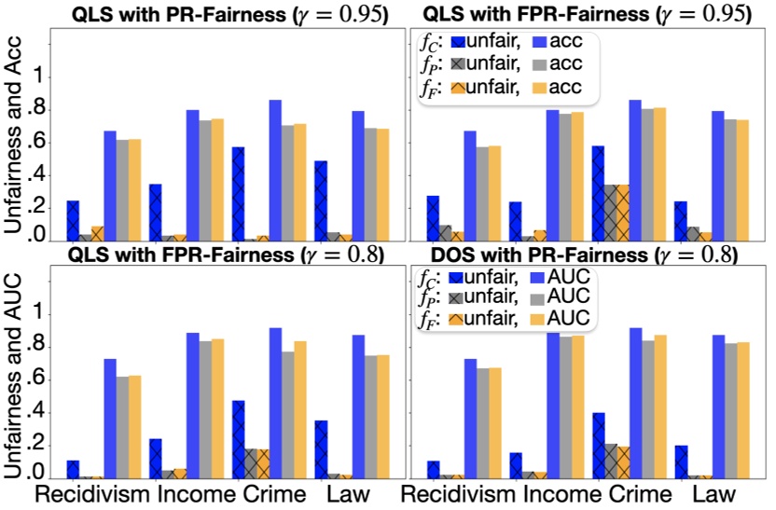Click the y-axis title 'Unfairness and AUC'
tap(16, 382)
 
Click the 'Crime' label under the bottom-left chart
tap(275, 494)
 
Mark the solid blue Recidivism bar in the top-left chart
tap(110, 186)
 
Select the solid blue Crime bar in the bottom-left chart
tap(275, 403)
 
